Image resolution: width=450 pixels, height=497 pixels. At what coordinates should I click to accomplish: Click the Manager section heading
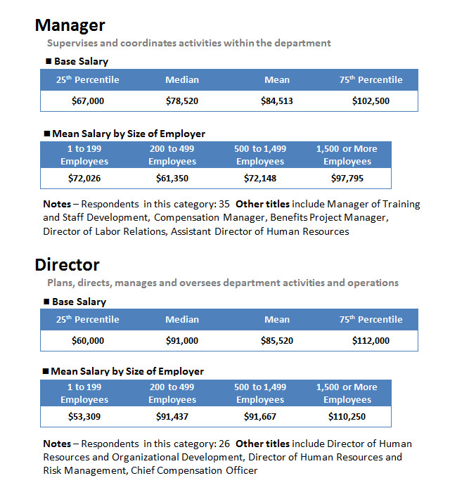point(70,25)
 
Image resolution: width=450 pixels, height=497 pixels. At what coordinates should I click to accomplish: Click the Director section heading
point(67,264)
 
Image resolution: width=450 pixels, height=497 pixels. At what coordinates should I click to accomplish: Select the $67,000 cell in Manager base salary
point(88,101)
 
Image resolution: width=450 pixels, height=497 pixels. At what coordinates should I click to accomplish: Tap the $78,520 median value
point(182,101)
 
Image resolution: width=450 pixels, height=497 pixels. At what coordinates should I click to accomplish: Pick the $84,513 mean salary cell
point(277,101)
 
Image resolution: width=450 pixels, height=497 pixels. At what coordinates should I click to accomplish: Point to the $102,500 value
point(371,101)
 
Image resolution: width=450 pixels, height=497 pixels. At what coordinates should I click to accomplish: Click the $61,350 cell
point(172,178)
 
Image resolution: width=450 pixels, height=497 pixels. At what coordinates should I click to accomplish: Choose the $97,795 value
point(347,178)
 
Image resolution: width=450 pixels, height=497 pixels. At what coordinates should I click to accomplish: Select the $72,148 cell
point(260,178)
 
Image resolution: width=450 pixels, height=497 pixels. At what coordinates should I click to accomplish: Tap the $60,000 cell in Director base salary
point(88,340)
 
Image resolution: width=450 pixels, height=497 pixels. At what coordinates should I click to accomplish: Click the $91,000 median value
point(182,340)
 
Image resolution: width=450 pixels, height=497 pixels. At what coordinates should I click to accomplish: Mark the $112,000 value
point(371,340)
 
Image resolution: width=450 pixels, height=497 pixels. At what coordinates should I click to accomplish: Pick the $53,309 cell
point(84,416)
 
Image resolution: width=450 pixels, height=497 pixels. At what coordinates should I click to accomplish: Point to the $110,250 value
point(347,416)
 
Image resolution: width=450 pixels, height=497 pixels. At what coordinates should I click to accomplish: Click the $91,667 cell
point(260,416)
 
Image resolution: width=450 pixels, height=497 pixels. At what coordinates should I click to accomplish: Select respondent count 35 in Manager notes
point(224,204)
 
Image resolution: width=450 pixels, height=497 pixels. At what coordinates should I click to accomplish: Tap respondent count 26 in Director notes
point(224,444)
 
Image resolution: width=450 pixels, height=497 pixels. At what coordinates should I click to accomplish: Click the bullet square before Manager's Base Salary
point(49,61)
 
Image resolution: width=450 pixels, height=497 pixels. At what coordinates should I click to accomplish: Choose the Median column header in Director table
point(182,319)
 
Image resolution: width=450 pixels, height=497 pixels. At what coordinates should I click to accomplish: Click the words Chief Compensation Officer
point(194,470)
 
